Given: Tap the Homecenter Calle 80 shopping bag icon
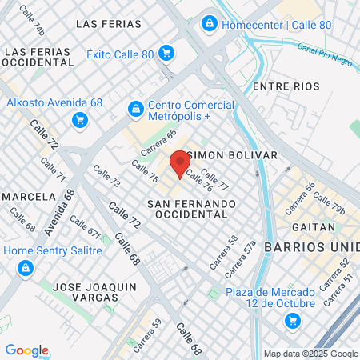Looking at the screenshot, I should (210, 24).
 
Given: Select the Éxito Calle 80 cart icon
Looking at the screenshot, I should (166, 54).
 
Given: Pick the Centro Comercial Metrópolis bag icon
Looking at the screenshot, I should (136, 108).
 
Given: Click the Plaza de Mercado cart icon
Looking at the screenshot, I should (293, 322).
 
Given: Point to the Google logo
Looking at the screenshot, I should (26, 350).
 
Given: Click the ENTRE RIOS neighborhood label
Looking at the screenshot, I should (286, 86).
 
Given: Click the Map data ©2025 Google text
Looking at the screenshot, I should (311, 354).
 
